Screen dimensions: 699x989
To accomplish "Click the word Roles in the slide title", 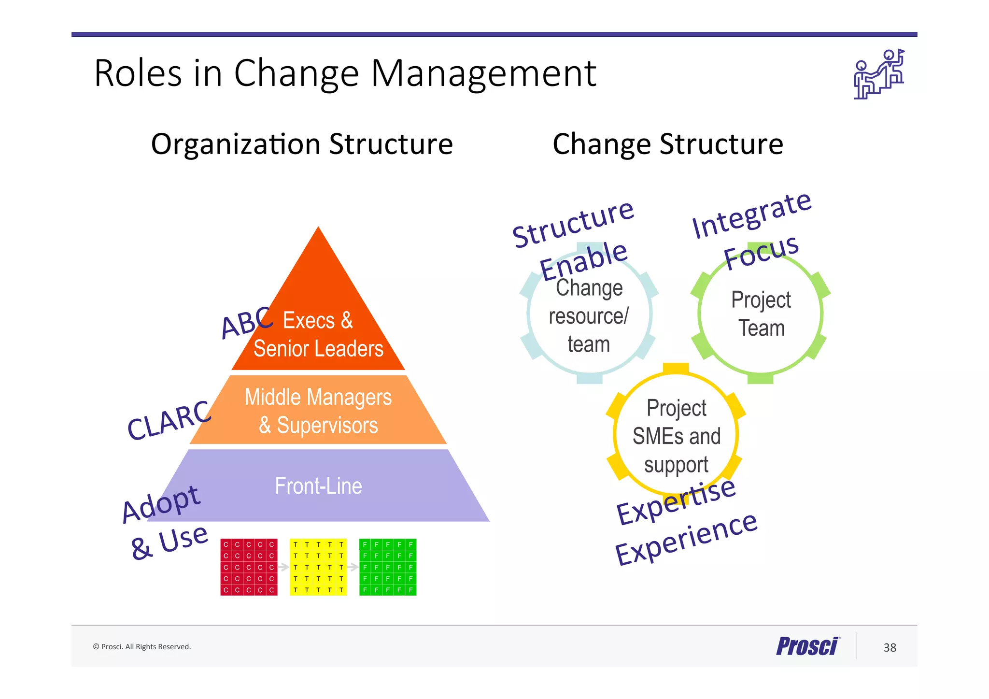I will (x=138, y=73).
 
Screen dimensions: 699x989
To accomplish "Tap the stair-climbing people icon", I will (x=878, y=74).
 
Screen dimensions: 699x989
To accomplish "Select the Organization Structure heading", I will (x=302, y=144).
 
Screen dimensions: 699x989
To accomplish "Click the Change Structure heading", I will (x=667, y=144).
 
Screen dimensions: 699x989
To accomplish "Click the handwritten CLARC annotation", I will (x=168, y=420).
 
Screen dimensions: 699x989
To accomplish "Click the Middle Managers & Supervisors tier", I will (x=318, y=411).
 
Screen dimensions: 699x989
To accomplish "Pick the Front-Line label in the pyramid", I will (x=318, y=486).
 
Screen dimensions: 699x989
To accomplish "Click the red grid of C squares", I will (x=249, y=567).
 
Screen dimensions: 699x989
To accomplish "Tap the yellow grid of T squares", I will (x=318, y=567).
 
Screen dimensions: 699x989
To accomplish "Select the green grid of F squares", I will (x=388, y=567).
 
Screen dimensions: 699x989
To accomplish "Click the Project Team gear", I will (x=761, y=314).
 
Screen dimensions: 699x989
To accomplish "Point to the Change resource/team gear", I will (x=589, y=316).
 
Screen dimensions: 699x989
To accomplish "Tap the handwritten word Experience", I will (x=686, y=539).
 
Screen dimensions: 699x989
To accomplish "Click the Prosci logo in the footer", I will (x=807, y=646).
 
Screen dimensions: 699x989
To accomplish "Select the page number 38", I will (x=890, y=648).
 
